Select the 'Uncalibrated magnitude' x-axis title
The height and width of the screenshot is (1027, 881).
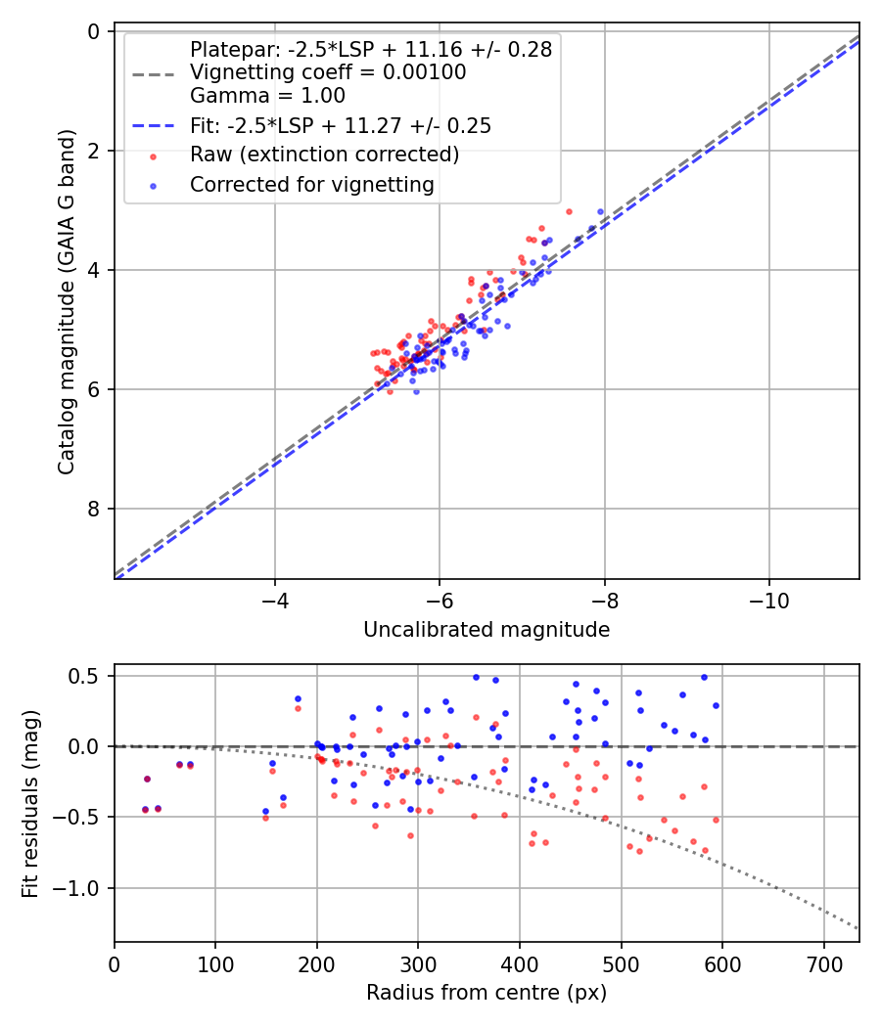click(487, 630)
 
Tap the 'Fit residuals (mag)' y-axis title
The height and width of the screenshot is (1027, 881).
click(30, 803)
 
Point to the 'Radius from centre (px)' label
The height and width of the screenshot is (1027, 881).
click(487, 993)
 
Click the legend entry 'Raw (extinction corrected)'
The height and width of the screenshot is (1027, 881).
click(324, 155)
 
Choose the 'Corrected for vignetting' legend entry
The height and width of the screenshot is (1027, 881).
click(312, 184)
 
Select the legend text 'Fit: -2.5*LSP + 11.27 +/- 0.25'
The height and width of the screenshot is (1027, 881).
click(341, 126)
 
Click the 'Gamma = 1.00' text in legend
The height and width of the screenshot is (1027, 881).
click(267, 96)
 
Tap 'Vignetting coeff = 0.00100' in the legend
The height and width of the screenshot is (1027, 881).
click(328, 72)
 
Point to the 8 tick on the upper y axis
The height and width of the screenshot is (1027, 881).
click(94, 509)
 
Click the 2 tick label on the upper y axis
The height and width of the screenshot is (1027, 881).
click(94, 151)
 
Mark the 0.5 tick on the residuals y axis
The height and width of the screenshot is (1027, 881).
click(88, 676)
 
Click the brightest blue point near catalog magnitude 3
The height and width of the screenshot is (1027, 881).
click(600, 211)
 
